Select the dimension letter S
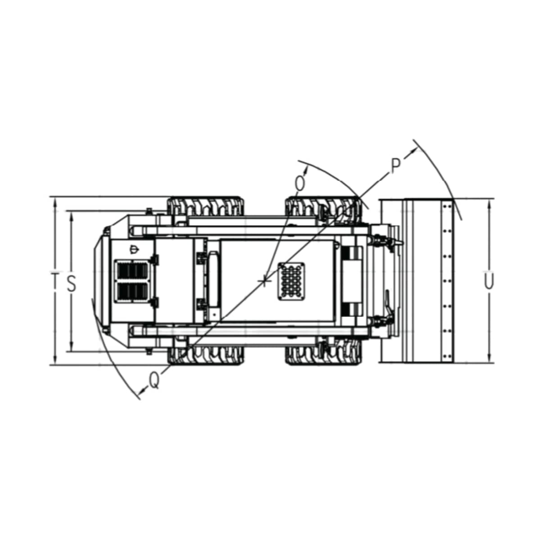[x=72, y=283]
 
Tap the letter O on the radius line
[x=300, y=184]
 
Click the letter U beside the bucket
[x=489, y=281]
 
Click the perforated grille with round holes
[x=292, y=281]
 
